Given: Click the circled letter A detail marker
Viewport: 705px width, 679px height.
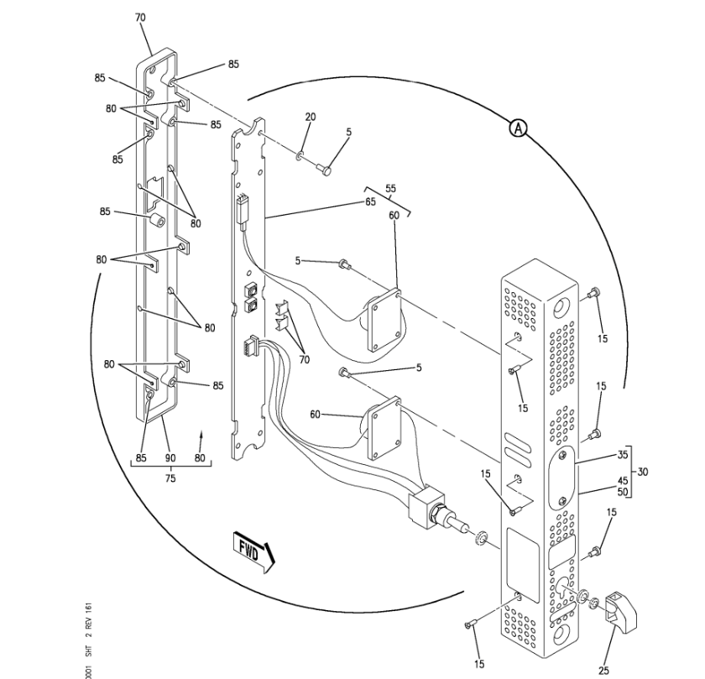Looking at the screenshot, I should pos(520,128).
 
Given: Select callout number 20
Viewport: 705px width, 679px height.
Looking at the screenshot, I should pos(310,117).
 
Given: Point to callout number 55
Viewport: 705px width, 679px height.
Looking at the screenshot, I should pos(390,190).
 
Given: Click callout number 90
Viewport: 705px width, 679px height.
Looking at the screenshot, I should pos(170,458).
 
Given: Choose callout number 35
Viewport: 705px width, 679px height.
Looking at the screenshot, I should pos(622,454).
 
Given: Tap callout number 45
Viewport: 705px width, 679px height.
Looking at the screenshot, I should pos(622,481).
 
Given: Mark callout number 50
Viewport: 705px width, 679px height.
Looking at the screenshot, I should pos(622,491).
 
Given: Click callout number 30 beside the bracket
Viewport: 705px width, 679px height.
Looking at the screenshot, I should pos(643,472).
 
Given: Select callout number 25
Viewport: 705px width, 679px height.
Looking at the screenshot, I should pos(604,670).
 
